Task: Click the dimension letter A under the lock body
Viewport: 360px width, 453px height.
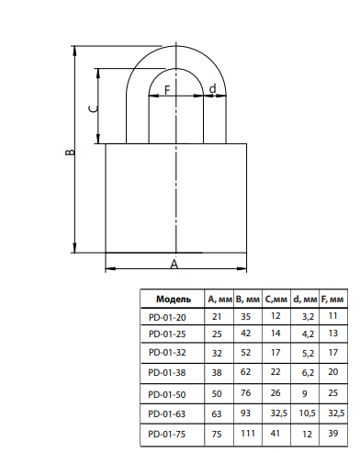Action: (174, 264)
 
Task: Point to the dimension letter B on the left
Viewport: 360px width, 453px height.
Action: (70, 152)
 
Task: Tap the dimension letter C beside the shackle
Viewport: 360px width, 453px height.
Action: (94, 108)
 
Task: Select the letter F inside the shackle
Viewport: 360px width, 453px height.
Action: (167, 90)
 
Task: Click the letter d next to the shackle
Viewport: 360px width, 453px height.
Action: (212, 88)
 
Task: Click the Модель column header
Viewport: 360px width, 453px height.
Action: (174, 299)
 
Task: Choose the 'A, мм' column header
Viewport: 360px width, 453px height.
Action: (219, 300)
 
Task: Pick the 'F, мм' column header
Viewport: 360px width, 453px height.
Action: (332, 300)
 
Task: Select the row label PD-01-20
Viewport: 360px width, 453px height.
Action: (167, 317)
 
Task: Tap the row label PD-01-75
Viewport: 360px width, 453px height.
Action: (167, 434)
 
